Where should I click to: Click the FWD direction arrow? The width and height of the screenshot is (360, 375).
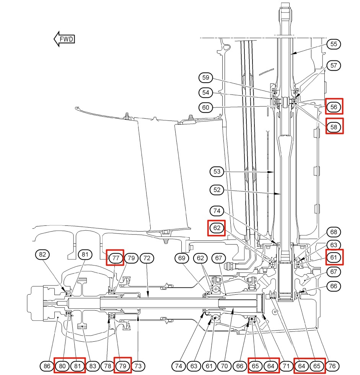pos(64,39)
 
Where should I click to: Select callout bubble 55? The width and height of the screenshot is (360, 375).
pos(334,44)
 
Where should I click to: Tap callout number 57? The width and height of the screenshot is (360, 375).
pos(334,65)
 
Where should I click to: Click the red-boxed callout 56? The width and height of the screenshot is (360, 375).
pos(334,106)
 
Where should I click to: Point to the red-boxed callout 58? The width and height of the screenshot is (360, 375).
pos(334,126)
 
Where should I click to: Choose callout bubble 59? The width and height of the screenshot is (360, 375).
pos(205,77)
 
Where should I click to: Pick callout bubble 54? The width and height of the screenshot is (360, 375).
pos(205,93)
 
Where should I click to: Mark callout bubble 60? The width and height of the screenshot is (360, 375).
pos(205,108)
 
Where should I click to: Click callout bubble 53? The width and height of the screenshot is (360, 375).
pos(217,171)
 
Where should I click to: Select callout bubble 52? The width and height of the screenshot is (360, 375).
pos(217,190)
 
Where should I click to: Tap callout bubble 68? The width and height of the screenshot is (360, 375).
pos(334,232)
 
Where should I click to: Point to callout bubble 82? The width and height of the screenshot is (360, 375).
pos(42,254)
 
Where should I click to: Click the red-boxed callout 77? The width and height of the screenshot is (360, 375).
pos(115,258)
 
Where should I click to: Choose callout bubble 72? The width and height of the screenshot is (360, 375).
pos(147,258)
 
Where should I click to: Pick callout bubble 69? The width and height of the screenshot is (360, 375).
pos(182,258)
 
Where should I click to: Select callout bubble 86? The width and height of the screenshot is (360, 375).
pos(47,366)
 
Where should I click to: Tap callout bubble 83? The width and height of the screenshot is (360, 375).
pos(93,366)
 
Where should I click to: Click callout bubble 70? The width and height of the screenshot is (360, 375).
pos(224,366)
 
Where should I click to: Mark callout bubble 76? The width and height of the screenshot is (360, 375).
pos(332,366)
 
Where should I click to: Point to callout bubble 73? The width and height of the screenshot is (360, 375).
pos(138,366)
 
